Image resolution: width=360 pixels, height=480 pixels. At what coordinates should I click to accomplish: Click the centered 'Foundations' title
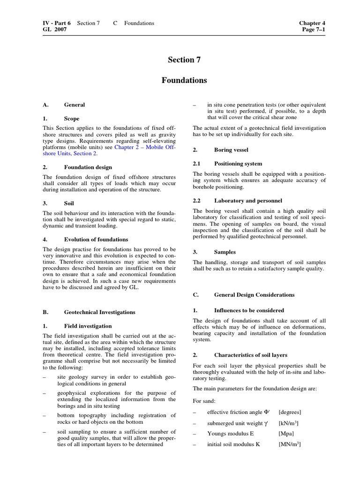tap(184, 80)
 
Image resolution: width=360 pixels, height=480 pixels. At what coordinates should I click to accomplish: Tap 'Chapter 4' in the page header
tap(312, 23)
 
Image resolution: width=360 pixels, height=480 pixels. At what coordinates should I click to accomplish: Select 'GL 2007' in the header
tap(54, 30)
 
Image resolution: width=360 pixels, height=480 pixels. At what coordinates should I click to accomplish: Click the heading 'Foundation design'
tap(88, 167)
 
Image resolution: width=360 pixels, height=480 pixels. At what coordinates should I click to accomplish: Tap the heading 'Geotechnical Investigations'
tap(99, 312)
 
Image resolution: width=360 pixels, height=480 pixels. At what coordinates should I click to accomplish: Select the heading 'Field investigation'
tap(88, 326)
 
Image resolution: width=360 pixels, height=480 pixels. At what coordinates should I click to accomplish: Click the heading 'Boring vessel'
tap(231, 150)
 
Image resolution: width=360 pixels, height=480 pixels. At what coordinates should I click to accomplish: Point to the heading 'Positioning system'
tap(238, 164)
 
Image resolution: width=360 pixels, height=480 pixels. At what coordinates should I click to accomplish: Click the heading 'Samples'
tap(225, 252)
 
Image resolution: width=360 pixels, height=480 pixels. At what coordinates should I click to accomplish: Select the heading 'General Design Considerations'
tap(254, 295)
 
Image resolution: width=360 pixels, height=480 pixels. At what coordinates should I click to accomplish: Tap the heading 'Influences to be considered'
tap(249, 310)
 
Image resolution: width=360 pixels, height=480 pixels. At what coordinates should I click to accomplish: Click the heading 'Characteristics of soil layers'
tap(251, 354)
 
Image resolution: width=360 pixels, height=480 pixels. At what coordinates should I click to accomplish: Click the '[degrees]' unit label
tap(290, 412)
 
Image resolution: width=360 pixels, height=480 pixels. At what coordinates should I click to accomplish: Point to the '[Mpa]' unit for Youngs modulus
tap(285, 434)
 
